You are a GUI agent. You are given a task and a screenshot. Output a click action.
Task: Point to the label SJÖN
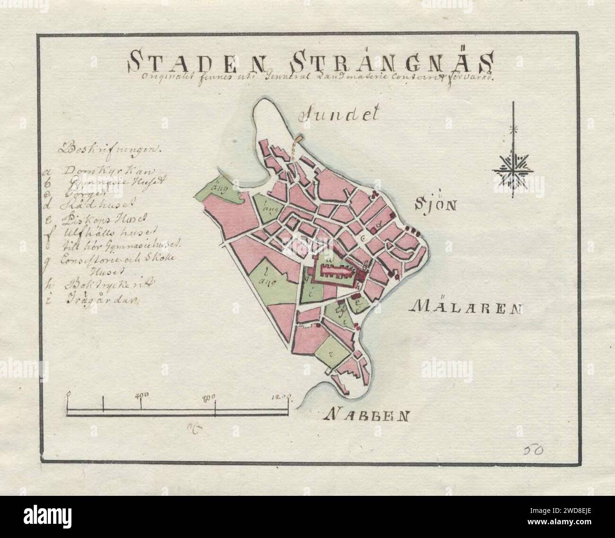[435, 206]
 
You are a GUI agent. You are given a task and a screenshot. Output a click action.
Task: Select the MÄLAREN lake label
[466, 308]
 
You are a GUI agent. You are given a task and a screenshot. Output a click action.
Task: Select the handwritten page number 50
[534, 449]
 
